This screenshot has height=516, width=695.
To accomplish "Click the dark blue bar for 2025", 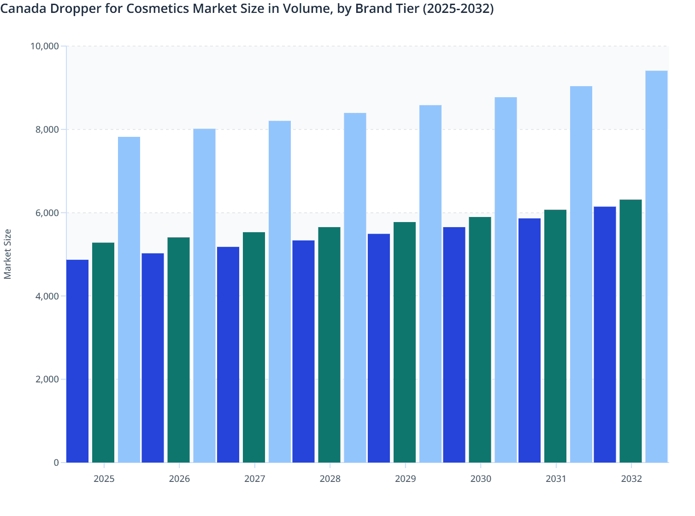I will click(77, 361).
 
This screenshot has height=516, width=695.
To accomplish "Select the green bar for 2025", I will click(103, 352).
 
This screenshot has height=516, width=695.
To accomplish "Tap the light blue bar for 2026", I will click(204, 295).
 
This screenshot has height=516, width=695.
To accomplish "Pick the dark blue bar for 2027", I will click(228, 355).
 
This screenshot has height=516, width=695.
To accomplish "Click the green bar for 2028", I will click(329, 345).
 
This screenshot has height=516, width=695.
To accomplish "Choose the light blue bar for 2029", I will click(430, 284).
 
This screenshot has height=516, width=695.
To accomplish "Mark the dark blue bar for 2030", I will click(454, 345).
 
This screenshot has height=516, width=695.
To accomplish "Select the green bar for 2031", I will click(555, 336).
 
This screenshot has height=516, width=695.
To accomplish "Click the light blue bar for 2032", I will click(656, 266).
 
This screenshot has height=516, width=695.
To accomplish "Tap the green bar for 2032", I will click(630, 331).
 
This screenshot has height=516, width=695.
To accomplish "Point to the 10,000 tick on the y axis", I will click(45, 46).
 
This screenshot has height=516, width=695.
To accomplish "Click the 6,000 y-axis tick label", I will click(47, 213).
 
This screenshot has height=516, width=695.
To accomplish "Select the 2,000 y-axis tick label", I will click(47, 379).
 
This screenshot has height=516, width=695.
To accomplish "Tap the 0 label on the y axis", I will click(56, 463).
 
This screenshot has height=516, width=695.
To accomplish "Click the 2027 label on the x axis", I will click(254, 479).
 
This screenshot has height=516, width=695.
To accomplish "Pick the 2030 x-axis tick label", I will click(481, 479).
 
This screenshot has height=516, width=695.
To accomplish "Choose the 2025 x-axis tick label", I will click(104, 479).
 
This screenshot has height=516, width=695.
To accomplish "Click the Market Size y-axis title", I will click(7, 254).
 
